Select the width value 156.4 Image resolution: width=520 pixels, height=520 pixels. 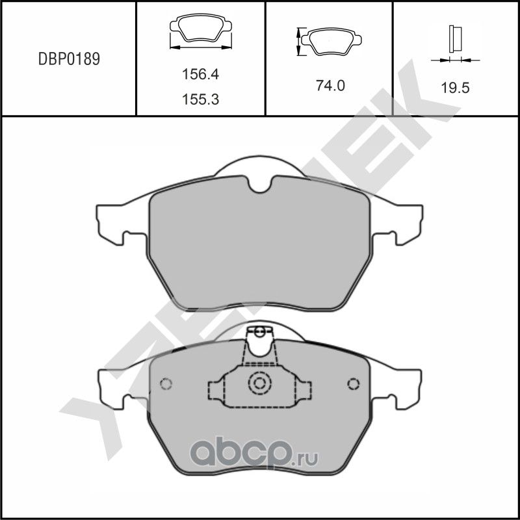[199, 75]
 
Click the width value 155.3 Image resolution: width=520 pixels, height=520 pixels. [199, 99]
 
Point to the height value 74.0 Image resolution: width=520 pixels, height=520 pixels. [330, 86]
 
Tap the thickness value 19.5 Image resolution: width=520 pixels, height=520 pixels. [455, 88]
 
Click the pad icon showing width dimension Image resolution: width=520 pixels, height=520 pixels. [199, 32]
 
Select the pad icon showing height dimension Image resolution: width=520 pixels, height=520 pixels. [331, 42]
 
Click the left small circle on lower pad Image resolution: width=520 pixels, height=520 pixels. [166, 383]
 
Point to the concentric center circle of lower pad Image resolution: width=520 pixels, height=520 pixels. [260, 383]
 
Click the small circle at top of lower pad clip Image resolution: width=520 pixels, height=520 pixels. [260, 333]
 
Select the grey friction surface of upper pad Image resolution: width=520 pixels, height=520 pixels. [260, 247]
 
